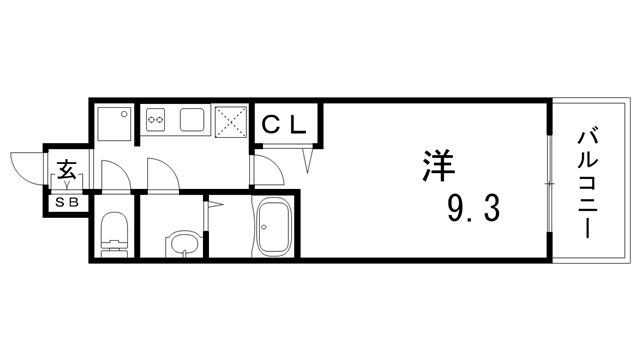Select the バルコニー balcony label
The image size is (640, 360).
coord(589,183)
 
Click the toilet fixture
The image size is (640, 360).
coord(114,232)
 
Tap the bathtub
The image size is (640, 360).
coord(274,229)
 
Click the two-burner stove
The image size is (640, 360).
coord(156,121)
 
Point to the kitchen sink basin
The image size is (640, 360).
coord(193,121)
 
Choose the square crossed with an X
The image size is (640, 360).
coord(232,123)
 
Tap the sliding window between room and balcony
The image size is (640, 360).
coord(549,185)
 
